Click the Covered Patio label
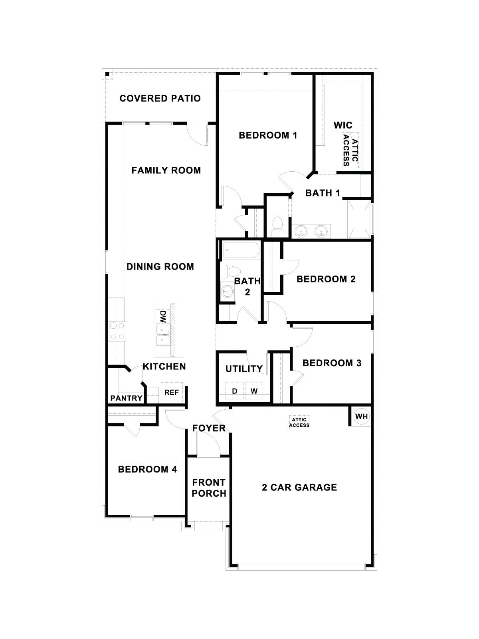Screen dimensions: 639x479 pyautogui.click(x=160, y=98)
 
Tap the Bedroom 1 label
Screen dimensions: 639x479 pyautogui.click(x=268, y=135)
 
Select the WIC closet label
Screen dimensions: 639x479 pyautogui.click(x=343, y=125)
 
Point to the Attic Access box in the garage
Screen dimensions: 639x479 pyautogui.click(x=299, y=422)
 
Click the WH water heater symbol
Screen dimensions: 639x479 pyautogui.click(x=361, y=417)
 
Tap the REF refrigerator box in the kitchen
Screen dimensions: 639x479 pyautogui.click(x=172, y=392)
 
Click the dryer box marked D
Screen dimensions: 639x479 pyautogui.click(x=235, y=391)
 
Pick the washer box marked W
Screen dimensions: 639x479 pyautogui.click(x=254, y=391)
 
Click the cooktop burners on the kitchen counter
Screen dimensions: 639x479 pyautogui.click(x=117, y=331)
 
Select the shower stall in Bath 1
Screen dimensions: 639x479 pyautogui.click(x=360, y=220)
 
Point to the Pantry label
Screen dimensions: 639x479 pyautogui.click(x=126, y=398)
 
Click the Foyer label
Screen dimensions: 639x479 pyautogui.click(x=209, y=429)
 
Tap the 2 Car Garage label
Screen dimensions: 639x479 pyautogui.click(x=299, y=487)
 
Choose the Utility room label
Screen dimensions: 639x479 pyautogui.click(x=244, y=369)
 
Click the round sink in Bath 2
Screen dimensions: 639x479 pyautogui.click(x=227, y=292)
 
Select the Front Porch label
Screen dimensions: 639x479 pyautogui.click(x=209, y=488)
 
